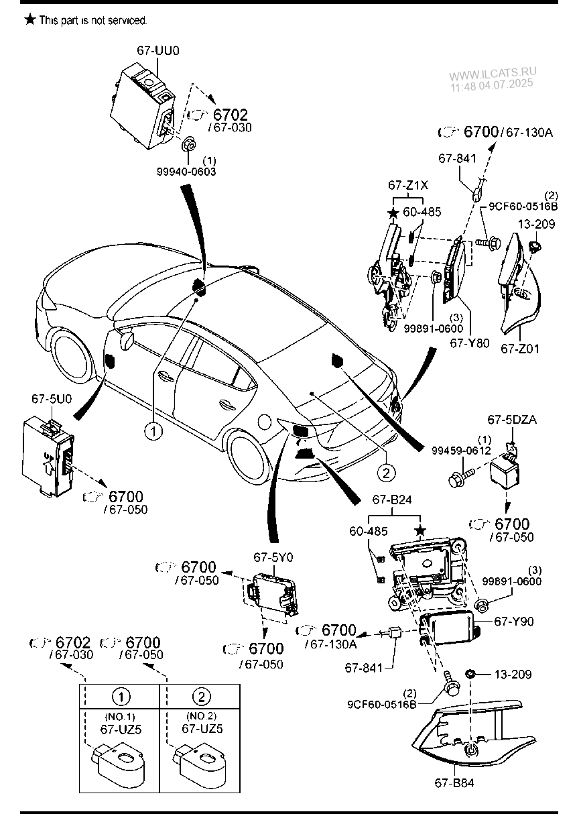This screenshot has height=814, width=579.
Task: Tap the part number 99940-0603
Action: [187, 172]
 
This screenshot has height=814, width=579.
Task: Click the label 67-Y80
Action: [470, 343]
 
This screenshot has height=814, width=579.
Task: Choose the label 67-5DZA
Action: [513, 420]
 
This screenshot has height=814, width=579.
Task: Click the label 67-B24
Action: [398, 501]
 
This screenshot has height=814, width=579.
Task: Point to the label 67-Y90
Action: [514, 622]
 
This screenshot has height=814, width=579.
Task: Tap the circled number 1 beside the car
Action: [153, 430]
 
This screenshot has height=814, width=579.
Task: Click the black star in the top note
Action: [29, 19]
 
